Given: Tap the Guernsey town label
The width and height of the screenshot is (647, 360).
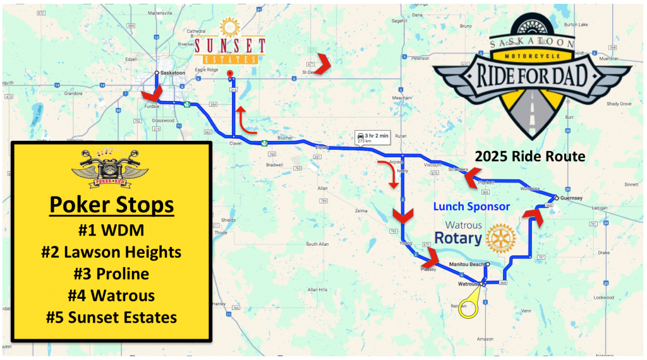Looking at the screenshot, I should click(571, 198).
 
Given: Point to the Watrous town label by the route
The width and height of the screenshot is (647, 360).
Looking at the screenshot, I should click(468, 284).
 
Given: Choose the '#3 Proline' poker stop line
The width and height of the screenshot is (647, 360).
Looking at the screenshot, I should click(111, 273).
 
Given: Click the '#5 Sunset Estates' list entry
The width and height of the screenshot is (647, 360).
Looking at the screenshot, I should click(111, 316).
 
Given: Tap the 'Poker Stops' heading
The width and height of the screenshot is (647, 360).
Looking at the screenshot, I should click(111, 206).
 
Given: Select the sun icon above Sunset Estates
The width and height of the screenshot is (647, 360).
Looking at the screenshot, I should click(229, 28).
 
